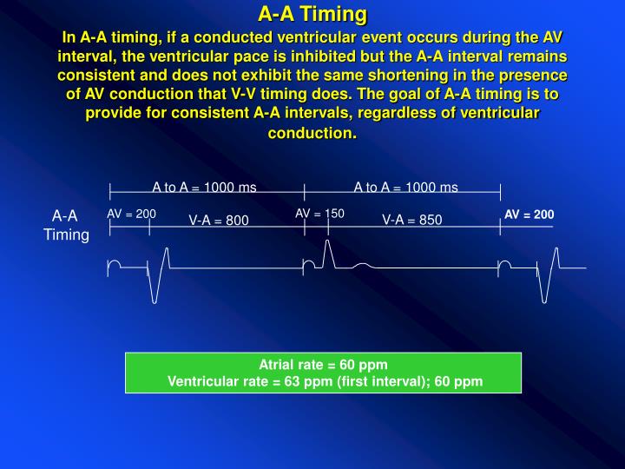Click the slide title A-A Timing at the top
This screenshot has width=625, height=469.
point(312,15)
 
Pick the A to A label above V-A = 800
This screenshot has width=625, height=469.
point(204,187)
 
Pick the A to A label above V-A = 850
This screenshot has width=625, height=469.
point(405,187)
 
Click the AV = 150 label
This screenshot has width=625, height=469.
point(319,214)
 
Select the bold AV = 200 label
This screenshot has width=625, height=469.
point(529,215)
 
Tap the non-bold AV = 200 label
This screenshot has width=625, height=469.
point(131,214)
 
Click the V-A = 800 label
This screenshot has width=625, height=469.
point(219,221)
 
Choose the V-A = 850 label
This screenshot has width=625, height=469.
point(412,221)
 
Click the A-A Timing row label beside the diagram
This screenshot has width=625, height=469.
point(66,225)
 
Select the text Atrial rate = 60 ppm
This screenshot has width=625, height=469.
point(323,365)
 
